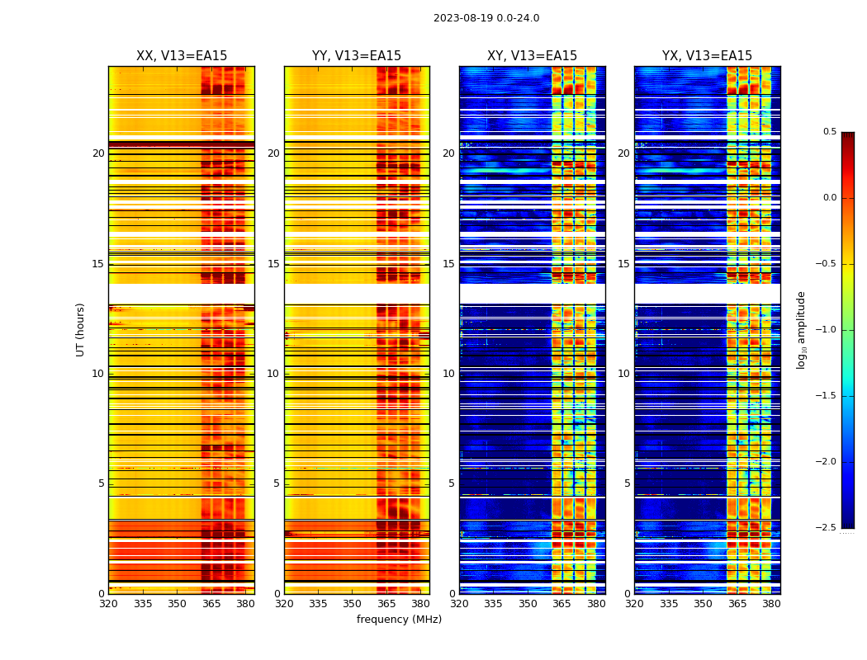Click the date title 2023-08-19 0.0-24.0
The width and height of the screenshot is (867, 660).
(x=486, y=18)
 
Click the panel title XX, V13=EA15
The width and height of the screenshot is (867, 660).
(x=182, y=56)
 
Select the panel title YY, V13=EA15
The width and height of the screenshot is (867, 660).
(x=357, y=56)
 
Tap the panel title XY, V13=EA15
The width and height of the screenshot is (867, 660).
(x=532, y=56)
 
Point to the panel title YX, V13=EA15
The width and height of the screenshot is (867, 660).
(x=707, y=56)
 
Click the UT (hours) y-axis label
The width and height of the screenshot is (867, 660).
(x=80, y=329)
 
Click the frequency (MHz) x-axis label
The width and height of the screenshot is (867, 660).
(x=399, y=620)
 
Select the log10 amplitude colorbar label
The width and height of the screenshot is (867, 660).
(x=801, y=329)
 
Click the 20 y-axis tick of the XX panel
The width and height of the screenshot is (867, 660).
(x=98, y=153)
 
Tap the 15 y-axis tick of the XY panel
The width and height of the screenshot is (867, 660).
(x=448, y=264)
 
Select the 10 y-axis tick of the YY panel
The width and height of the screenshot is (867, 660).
(x=273, y=374)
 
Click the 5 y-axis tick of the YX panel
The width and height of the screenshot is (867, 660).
(x=627, y=483)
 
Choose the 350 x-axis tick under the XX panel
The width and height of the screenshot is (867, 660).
(x=177, y=603)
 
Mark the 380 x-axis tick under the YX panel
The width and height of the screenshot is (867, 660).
(x=771, y=603)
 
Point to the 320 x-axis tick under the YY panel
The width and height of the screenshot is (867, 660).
(x=284, y=603)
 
